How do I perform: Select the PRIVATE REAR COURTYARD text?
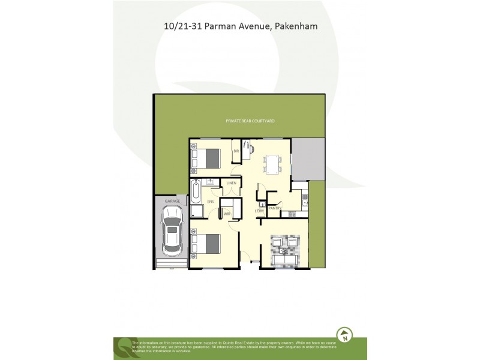[250, 121]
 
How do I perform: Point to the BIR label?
[236, 152]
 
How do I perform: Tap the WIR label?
[227, 213]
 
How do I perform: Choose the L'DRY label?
[260, 211]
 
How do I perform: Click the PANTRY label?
[275, 208]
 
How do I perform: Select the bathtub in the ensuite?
[197, 191]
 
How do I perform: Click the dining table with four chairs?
[272, 163]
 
